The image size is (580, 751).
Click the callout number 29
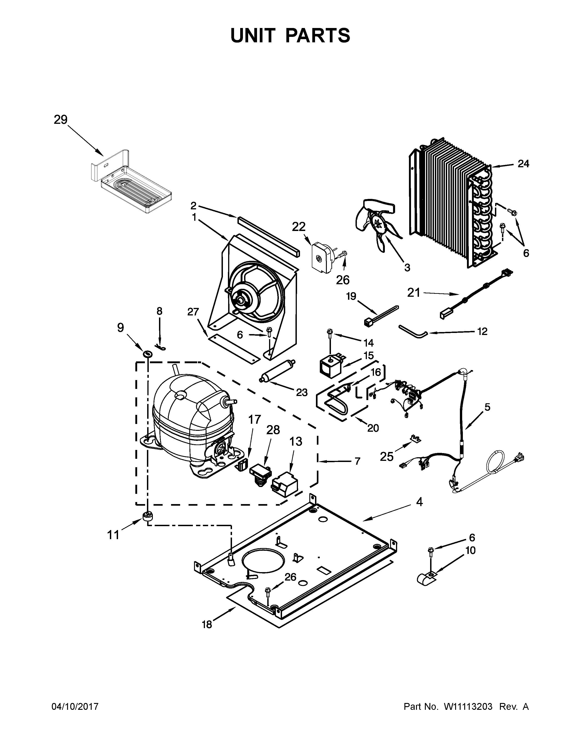tap(61, 120)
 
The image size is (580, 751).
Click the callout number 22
tap(299, 227)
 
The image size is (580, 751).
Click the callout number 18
tap(207, 625)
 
